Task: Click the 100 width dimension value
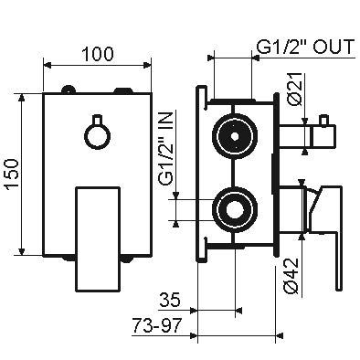click(98, 54)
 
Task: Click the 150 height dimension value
click(14, 175)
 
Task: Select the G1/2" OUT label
click(305, 47)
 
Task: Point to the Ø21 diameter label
click(295, 89)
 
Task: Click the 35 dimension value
click(170, 300)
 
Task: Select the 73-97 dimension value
click(157, 325)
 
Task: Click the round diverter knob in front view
click(97, 136)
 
